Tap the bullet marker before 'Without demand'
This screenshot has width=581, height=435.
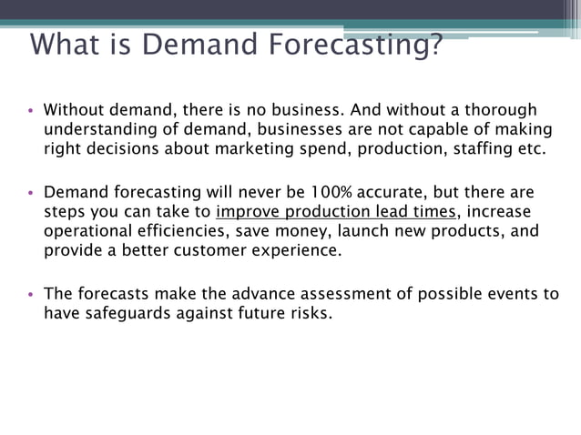[x=30, y=111]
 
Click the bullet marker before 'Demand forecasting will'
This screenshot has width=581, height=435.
[x=30, y=194]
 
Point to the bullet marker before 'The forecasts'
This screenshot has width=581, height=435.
[x=30, y=295]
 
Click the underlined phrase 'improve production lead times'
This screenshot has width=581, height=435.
[x=336, y=212]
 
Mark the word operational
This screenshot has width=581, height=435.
[x=87, y=231]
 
